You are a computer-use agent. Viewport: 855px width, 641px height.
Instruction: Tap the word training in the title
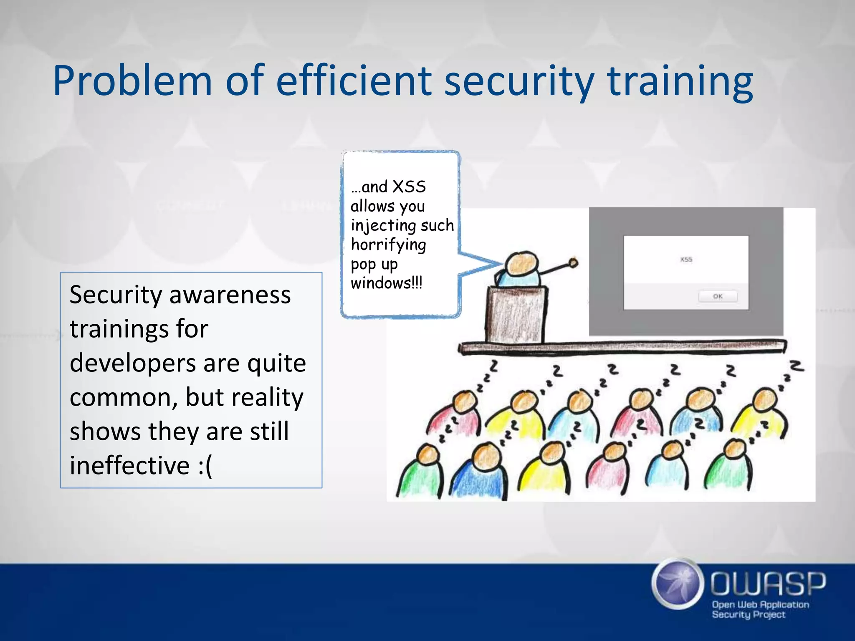pyautogui.click(x=680, y=81)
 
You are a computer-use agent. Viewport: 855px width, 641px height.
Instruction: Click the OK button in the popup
pyautogui.click(x=718, y=296)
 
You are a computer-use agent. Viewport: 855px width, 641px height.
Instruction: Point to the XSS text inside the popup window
pyautogui.click(x=686, y=260)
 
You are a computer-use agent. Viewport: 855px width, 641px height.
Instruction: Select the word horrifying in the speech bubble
pyautogui.click(x=388, y=245)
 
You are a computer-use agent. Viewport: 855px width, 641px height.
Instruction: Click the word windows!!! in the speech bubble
pyautogui.click(x=387, y=283)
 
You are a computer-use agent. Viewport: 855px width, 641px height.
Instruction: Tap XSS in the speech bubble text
pyautogui.click(x=409, y=187)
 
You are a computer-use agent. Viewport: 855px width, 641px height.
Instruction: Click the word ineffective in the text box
pyautogui.click(x=129, y=466)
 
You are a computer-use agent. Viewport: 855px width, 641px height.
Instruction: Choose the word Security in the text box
pyautogui.click(x=116, y=295)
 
